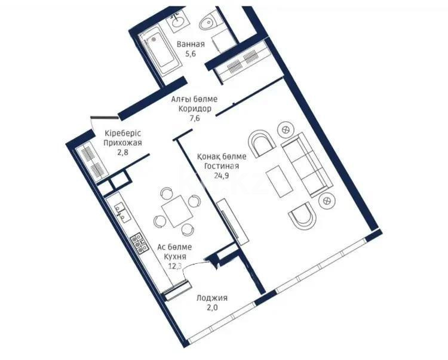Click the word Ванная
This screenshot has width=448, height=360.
coord(191,44)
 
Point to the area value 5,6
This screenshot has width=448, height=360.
coord(191,54)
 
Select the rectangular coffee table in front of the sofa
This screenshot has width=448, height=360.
coord(277,181)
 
